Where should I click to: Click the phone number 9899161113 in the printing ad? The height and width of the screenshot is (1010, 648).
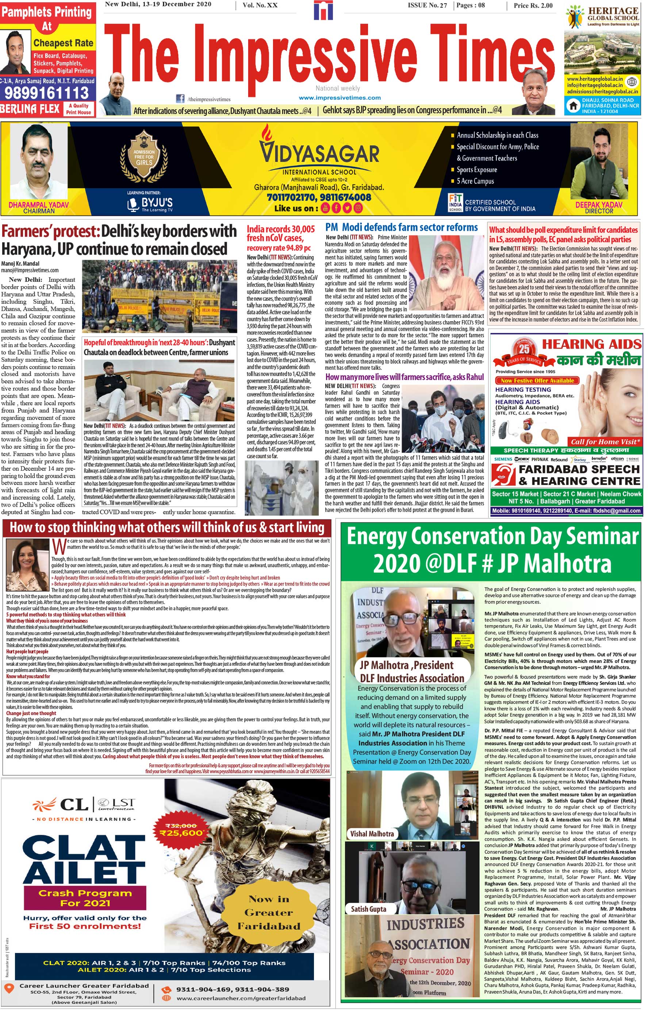pyautogui.click(x=47, y=93)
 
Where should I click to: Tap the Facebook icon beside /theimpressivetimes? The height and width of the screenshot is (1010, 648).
pyautogui.click(x=180, y=99)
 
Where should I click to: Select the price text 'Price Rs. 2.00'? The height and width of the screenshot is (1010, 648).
pyautogui.click(x=533, y=5)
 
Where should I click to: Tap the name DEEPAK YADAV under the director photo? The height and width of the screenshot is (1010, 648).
pyautogui.click(x=598, y=204)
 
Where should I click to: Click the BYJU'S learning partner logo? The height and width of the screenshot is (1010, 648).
pyautogui.click(x=150, y=204)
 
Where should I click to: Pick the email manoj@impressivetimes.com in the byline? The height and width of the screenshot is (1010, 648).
pyautogui.click(x=30, y=270)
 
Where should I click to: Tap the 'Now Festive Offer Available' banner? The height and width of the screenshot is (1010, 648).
pyautogui.click(x=537, y=380)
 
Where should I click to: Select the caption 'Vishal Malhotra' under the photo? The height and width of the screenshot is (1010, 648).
pyautogui.click(x=372, y=834)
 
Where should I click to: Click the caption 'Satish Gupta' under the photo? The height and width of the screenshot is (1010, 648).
pyautogui.click(x=368, y=909)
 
